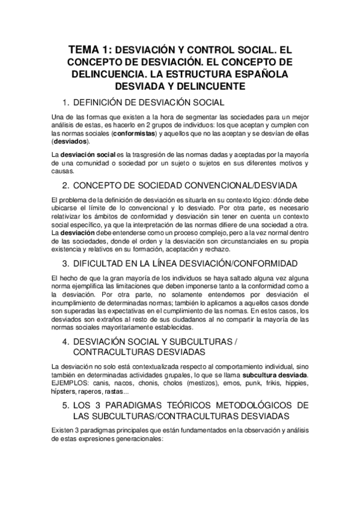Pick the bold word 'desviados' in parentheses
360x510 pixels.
pos(70,142)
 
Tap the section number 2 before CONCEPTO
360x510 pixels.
pos(66,184)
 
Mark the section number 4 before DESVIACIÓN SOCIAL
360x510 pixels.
pos(66,341)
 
